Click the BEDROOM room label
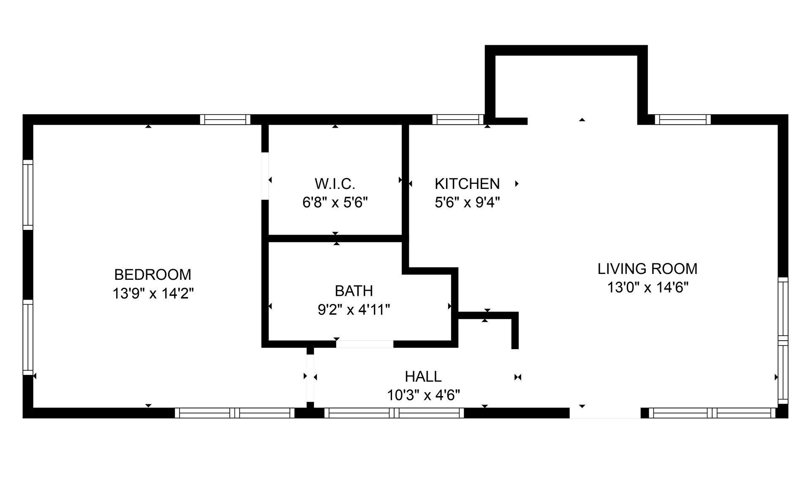pyautogui.click(x=152, y=275)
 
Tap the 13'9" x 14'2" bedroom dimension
pyautogui.click(x=153, y=293)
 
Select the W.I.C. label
pyautogui.click(x=335, y=184)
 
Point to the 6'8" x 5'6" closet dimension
pyautogui.click(x=335, y=202)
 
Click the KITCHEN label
pyautogui.click(x=467, y=184)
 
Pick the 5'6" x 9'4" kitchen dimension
pyautogui.click(x=467, y=202)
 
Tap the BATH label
pyautogui.click(x=354, y=291)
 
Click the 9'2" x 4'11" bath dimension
pyautogui.click(x=354, y=310)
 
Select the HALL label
pyautogui.click(x=423, y=376)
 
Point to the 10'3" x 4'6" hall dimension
pyautogui.click(x=424, y=395)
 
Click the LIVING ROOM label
pyautogui.click(x=648, y=269)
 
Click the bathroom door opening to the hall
pyautogui.click(x=365, y=344)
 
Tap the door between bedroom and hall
pyautogui.click(x=310, y=378)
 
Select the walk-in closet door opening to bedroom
pyautogui.click(x=265, y=176)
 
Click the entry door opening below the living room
pyautogui.click(x=605, y=413)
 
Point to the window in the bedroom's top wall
pyautogui.click(x=225, y=120)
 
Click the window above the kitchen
pyautogui.click(x=458, y=120)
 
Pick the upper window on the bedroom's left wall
pyautogui.click(x=28, y=195)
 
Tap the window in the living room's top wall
pyautogui.click(x=683, y=120)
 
